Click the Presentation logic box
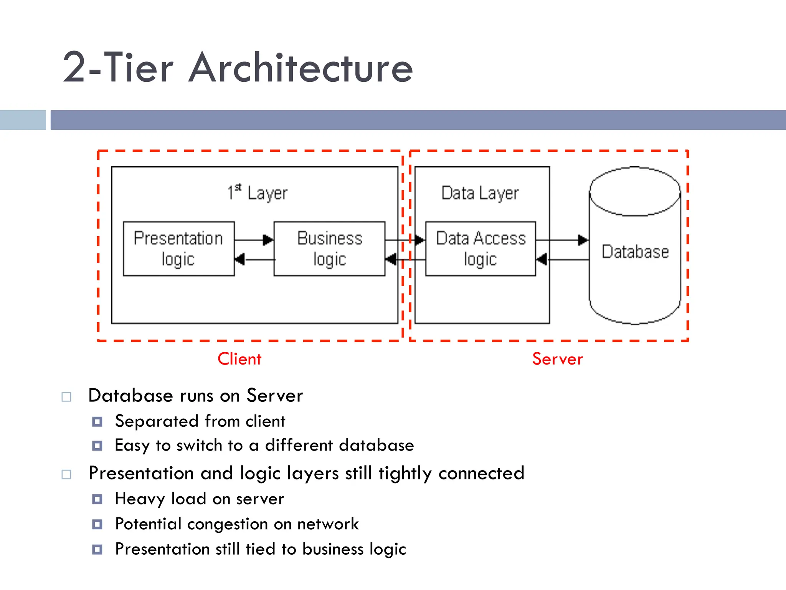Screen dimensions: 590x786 pos(178,249)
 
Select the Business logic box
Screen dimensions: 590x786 pos(329,249)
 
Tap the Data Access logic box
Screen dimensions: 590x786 pos(481,249)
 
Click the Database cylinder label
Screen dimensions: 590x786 pos(635,252)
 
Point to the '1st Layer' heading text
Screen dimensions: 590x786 pos(257,193)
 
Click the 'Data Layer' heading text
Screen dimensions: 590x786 pos(480,193)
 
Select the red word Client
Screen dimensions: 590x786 pos(239,359)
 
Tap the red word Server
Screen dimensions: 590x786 pos(557,359)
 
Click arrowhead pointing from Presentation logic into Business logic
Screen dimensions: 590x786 pos(268,240)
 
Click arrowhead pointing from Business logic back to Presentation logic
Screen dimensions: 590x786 pos(240,260)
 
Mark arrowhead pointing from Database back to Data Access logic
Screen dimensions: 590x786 pos(542,260)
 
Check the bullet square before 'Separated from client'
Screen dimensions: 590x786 pos(97,422)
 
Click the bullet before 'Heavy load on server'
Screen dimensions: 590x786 pos(97,499)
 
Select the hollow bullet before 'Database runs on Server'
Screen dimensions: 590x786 pos(66,397)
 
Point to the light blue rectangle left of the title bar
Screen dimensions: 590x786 pos(23,120)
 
